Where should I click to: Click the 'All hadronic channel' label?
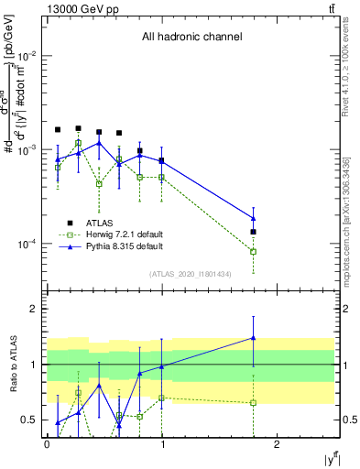[x=191, y=38]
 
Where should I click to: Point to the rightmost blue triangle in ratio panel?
[x=253, y=338]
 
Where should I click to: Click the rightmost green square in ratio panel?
[x=253, y=402]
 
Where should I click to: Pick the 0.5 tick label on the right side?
[x=346, y=420]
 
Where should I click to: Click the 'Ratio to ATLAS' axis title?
[x=11, y=365]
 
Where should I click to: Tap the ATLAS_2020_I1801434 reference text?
[x=190, y=274]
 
